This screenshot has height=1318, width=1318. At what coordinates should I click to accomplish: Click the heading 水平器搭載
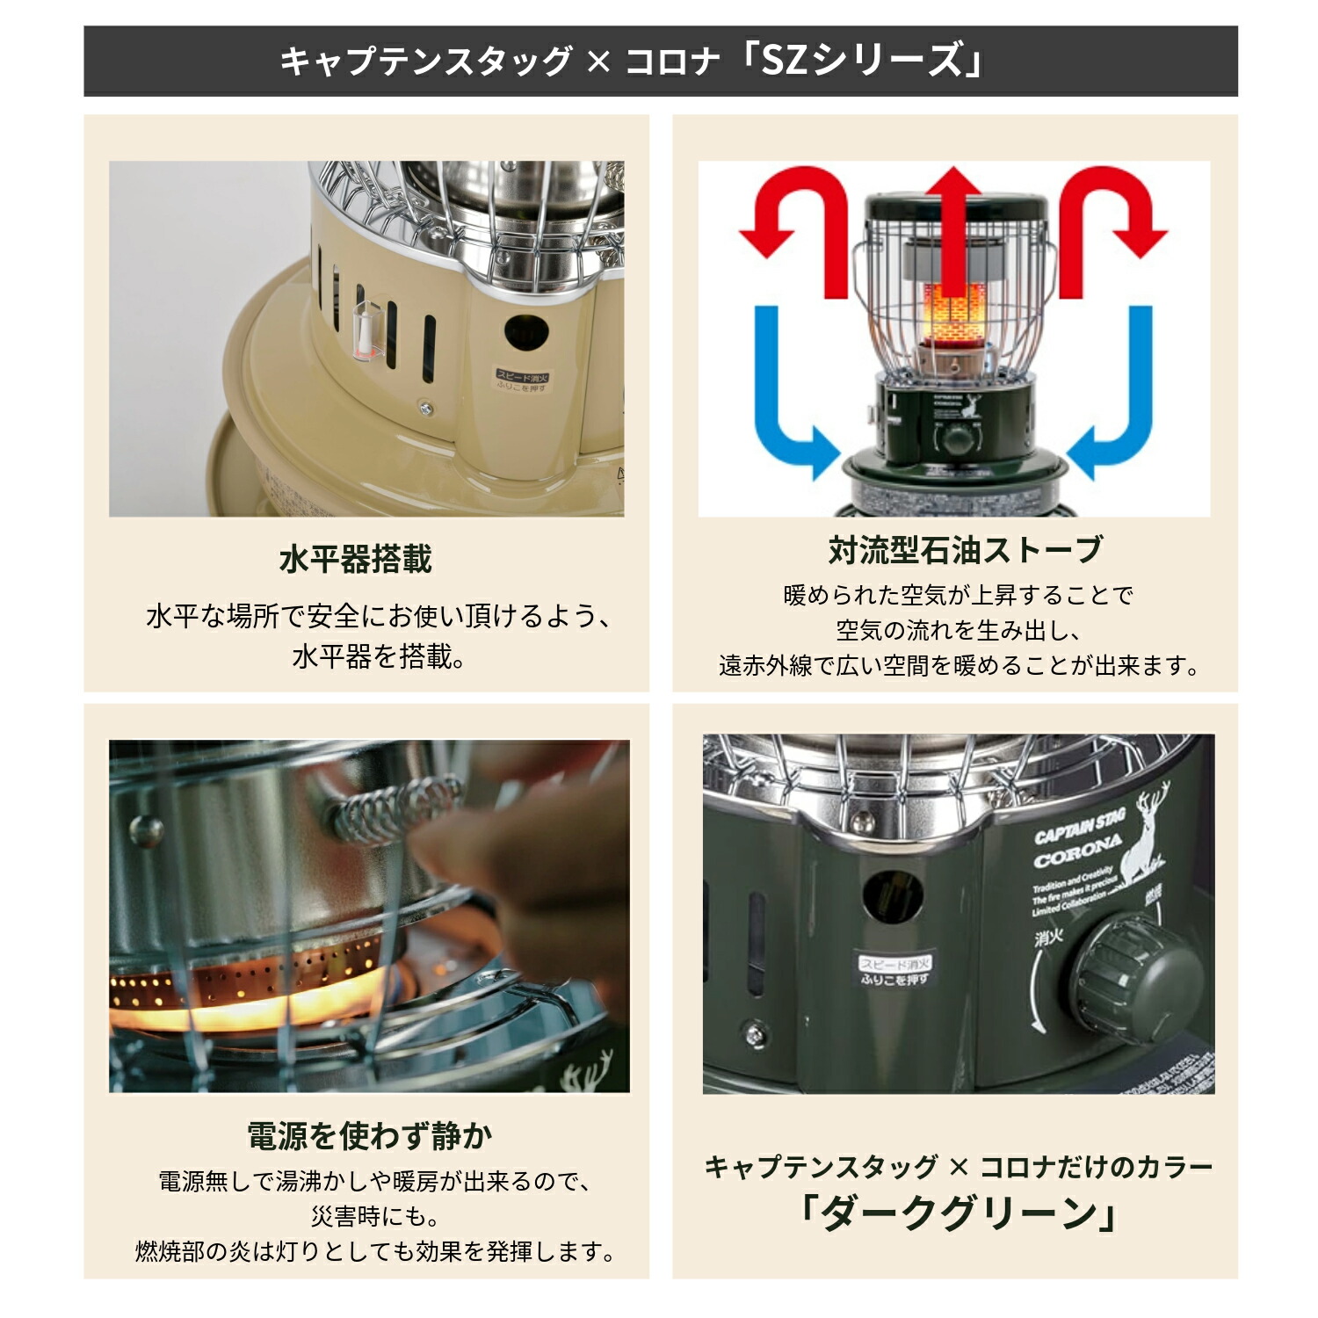[x=356, y=559]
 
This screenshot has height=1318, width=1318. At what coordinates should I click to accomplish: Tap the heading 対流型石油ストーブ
[x=965, y=550]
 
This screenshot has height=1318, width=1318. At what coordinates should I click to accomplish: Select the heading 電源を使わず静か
[x=369, y=1135]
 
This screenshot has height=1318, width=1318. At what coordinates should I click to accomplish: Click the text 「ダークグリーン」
[x=959, y=1213]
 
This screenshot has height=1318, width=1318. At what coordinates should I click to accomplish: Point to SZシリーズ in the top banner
[x=870, y=61]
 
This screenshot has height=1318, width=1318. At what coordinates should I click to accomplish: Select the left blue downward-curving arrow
[x=786, y=395]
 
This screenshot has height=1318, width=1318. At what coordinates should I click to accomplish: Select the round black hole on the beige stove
[x=526, y=335]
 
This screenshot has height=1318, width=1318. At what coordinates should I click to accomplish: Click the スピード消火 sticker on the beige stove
[x=522, y=381]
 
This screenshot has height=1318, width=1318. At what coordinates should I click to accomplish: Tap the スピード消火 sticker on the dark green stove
[x=894, y=971]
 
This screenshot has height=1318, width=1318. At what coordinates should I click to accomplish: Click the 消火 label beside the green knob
[x=1047, y=938]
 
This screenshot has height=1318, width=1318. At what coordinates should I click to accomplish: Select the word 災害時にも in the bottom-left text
[x=373, y=1216]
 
